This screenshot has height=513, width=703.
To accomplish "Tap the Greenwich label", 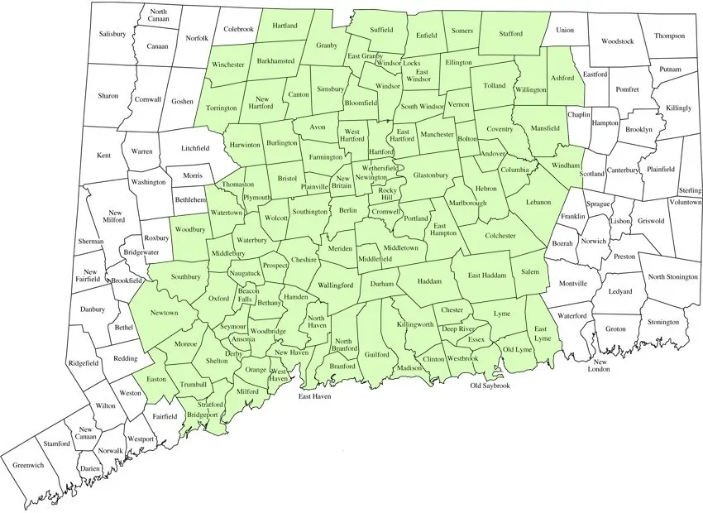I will (29, 464).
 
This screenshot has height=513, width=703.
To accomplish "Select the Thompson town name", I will (669, 36).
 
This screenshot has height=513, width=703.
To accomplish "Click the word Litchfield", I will (195, 148).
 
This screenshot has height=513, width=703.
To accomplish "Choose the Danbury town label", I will (93, 309).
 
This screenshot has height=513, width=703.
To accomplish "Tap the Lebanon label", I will (537, 202).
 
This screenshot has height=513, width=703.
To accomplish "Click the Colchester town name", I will (499, 235).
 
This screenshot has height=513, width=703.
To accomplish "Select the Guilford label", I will (376, 354).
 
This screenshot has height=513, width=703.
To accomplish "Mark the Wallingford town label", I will (336, 285).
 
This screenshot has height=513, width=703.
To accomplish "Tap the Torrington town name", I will (222, 108).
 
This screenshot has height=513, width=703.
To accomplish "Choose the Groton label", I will (615, 328).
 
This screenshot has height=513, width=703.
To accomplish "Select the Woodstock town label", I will (617, 41).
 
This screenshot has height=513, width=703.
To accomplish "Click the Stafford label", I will (516, 35).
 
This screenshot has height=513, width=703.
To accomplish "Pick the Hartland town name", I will (285, 26).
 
